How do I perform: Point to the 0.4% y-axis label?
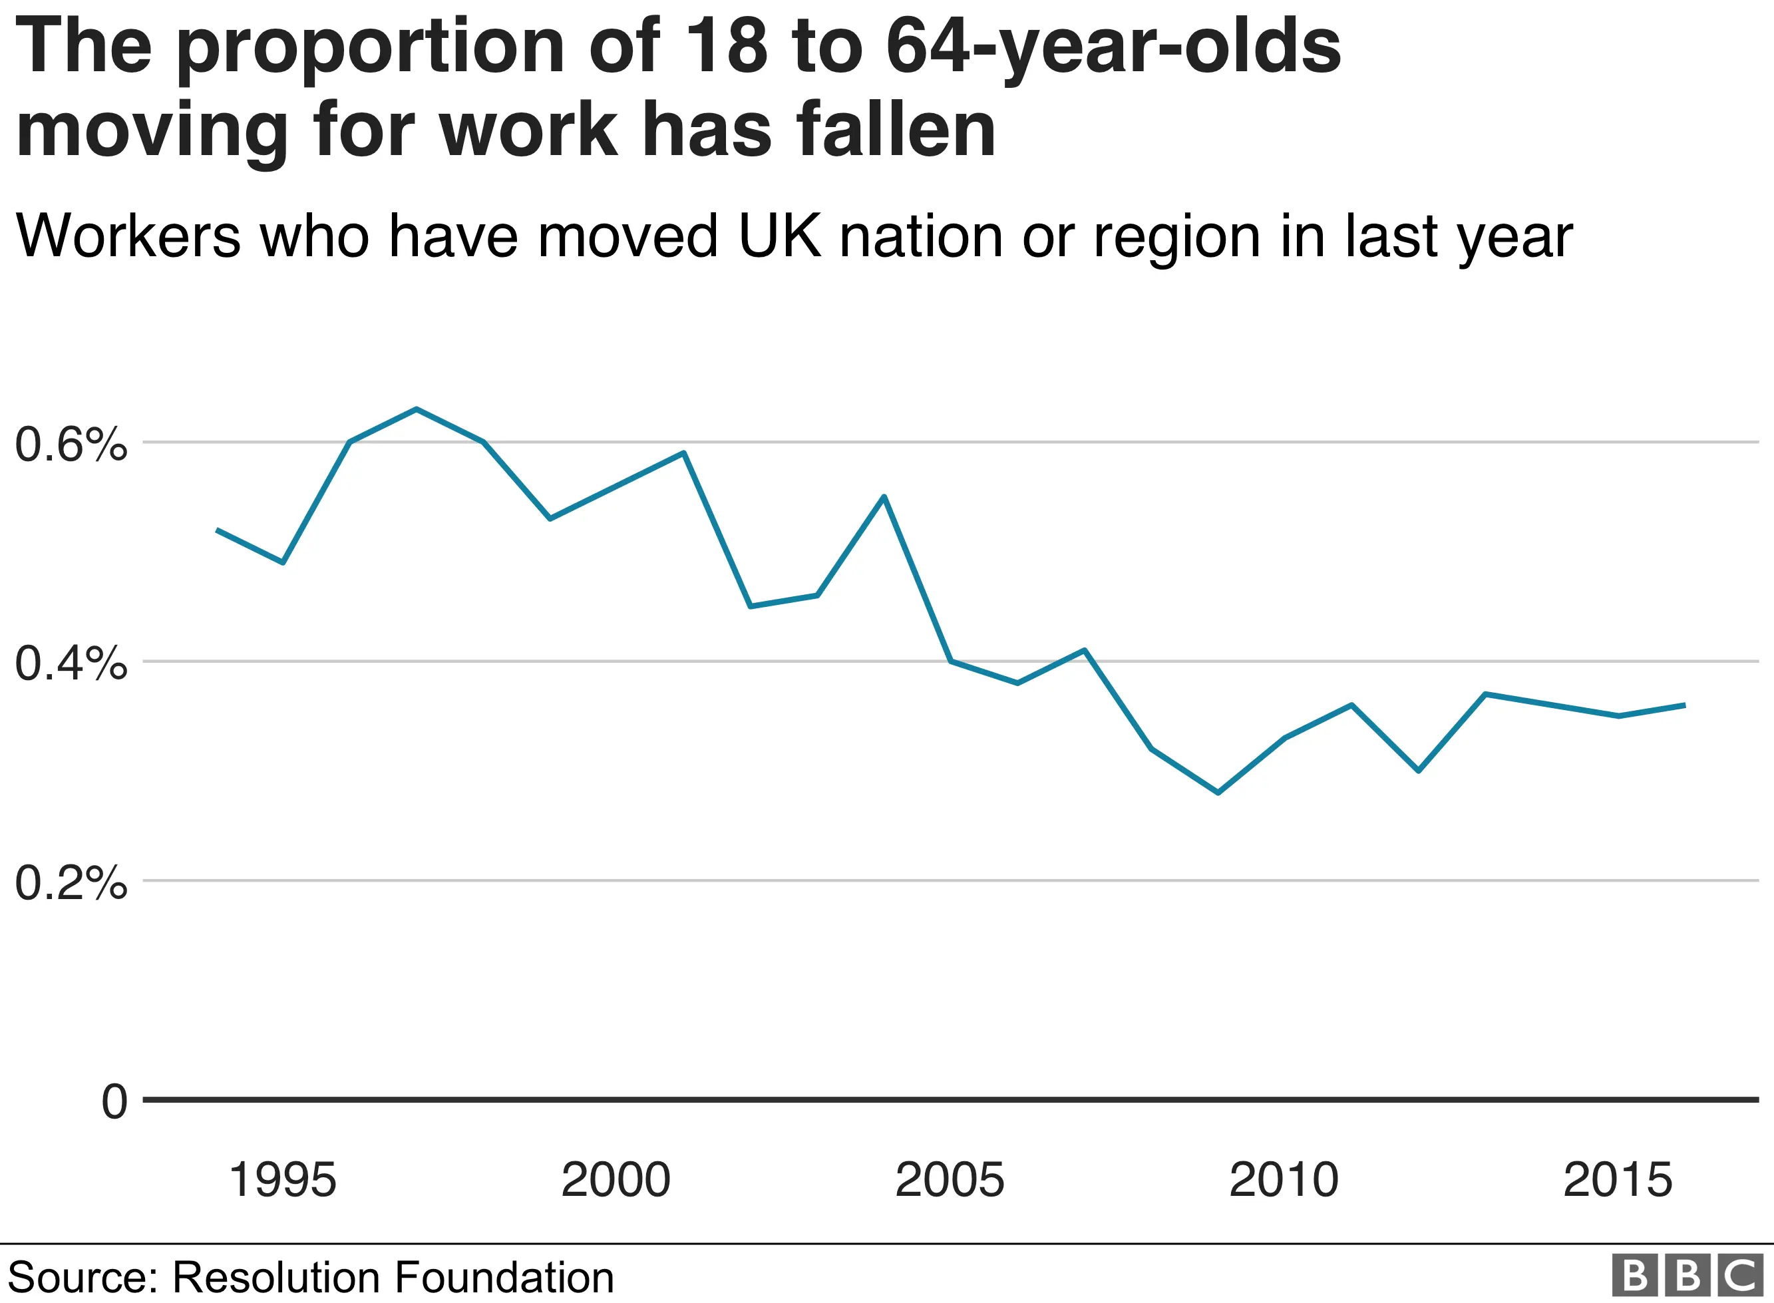[71, 663]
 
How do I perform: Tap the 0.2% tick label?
[71, 882]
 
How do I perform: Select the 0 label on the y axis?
[114, 1101]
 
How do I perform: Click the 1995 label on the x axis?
[282, 1181]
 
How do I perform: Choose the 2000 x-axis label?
[616, 1181]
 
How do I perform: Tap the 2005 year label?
[950, 1181]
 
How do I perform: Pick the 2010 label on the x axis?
[1284, 1181]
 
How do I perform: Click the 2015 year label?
[1617, 1181]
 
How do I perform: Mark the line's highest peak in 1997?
[417, 409]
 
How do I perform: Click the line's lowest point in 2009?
[1218, 793]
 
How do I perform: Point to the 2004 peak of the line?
[884, 496]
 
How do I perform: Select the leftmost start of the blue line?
[217, 530]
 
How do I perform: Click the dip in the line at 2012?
[1419, 771]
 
